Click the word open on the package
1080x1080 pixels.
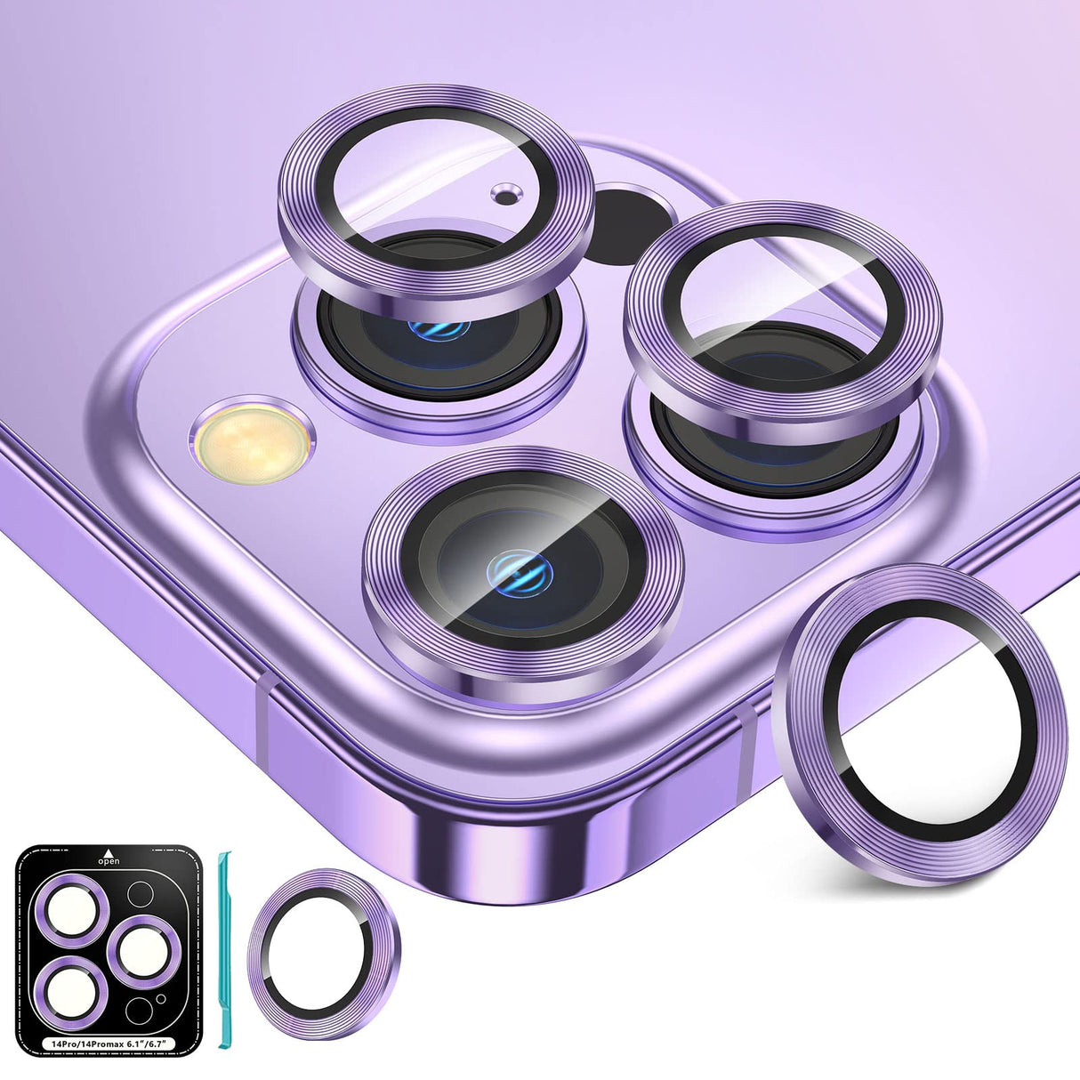tap(110, 861)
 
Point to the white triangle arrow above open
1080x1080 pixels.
tap(110, 850)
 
